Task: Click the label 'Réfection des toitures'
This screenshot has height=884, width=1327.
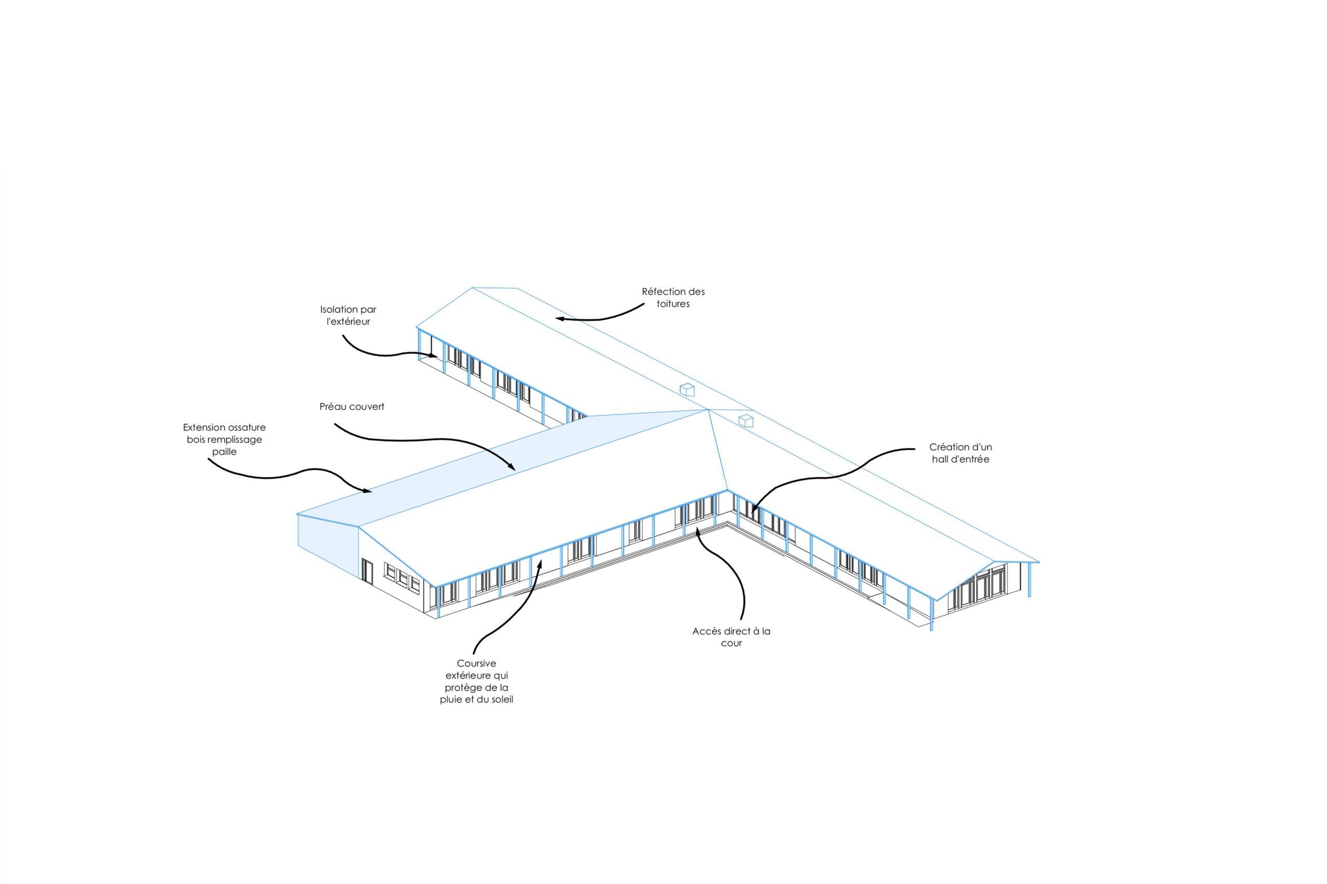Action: [x=673, y=297]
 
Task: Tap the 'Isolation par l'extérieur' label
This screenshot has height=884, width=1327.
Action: [x=348, y=315]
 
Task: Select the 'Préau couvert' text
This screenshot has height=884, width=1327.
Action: [x=352, y=406]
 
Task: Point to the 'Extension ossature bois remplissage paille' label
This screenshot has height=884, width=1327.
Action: [x=224, y=439]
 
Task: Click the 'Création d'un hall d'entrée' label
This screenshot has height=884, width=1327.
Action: [x=961, y=453]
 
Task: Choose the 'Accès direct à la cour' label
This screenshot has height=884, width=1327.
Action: [x=731, y=637]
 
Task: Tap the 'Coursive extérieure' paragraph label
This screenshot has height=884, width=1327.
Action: [x=476, y=681]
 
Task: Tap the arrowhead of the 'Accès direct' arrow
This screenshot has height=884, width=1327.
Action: [x=698, y=531]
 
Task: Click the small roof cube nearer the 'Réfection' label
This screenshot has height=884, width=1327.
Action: [x=687, y=390]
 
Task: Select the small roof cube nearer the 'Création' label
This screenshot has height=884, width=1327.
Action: [x=746, y=421]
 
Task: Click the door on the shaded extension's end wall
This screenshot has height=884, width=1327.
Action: [x=367, y=571]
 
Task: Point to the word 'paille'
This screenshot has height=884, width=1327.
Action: [x=224, y=451]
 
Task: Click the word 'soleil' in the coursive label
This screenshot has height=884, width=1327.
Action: [x=501, y=700]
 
